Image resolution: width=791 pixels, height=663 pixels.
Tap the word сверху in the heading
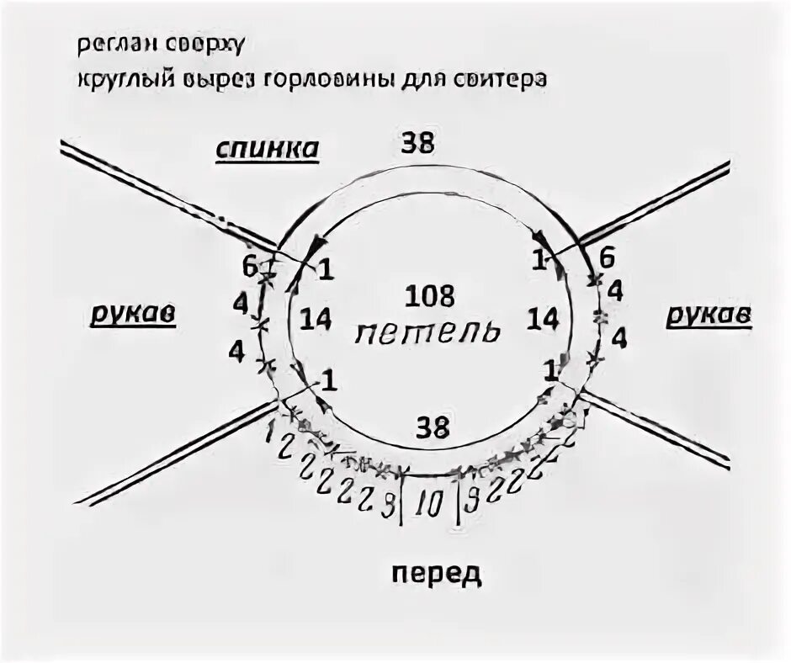[x=199, y=45]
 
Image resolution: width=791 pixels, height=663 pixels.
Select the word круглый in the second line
[x=124, y=81]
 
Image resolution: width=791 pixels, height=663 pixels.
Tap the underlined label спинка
[x=267, y=149]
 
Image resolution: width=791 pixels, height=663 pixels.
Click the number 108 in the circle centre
[x=429, y=296]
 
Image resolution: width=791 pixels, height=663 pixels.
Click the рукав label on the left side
[x=131, y=315]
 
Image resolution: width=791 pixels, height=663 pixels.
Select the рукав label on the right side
[x=709, y=315]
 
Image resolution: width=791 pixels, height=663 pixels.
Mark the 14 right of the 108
[x=544, y=319]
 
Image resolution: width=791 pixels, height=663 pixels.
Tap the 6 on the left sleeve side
[x=249, y=267]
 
